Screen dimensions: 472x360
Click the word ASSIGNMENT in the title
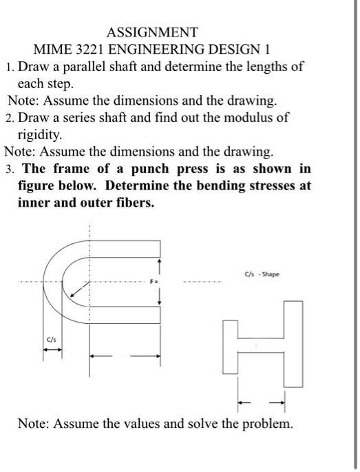coord(153,32)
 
